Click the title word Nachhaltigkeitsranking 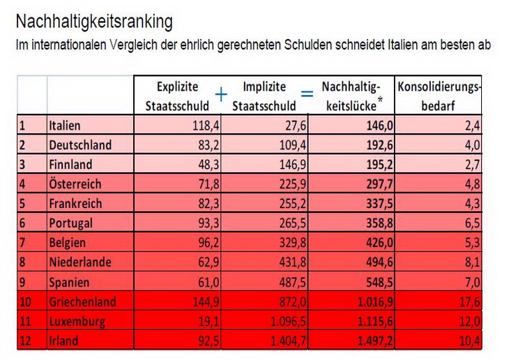click(x=93, y=22)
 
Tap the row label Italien click(x=65, y=126)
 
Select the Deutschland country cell click(x=80, y=145)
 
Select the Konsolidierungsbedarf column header click(x=439, y=96)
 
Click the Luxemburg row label click(x=77, y=322)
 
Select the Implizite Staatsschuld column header click(x=265, y=96)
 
